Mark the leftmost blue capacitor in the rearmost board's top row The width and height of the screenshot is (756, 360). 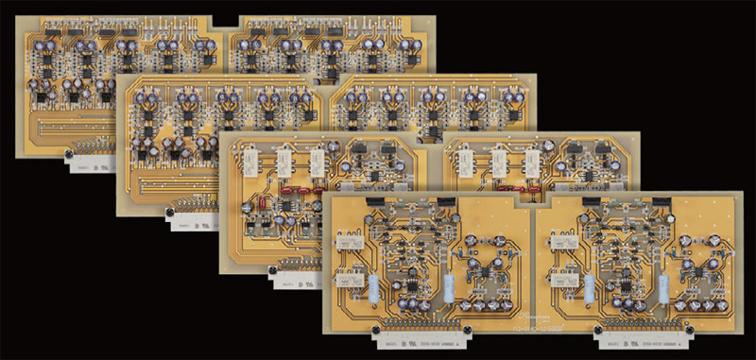click(42, 43)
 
